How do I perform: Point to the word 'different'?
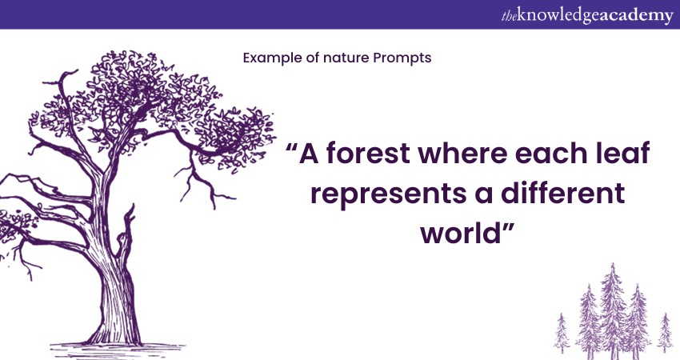click(x=563, y=193)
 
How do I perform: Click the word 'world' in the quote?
click(x=461, y=233)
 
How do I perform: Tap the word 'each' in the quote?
click(x=550, y=153)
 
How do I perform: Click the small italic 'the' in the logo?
click(x=509, y=17)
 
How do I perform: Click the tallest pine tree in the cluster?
click(x=612, y=310)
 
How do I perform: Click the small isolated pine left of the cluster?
click(x=562, y=333)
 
